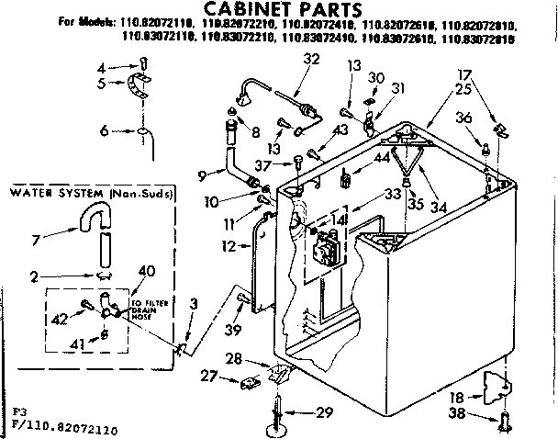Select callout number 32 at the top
click(x=311, y=60)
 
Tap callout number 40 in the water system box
click(x=145, y=270)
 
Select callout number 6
click(x=106, y=131)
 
